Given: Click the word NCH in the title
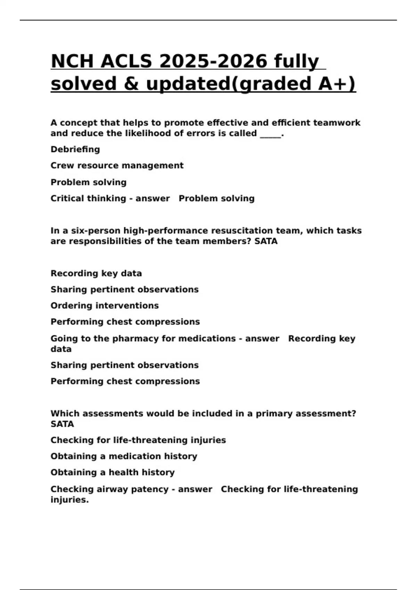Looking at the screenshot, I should pyautogui.click(x=72, y=61).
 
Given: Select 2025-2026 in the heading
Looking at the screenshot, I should pyautogui.click(x=213, y=61).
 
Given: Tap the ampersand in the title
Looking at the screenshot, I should pyautogui.click(x=131, y=84).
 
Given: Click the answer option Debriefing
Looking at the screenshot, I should pyautogui.click(x=75, y=150).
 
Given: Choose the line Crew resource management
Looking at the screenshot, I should pyautogui.click(x=117, y=166).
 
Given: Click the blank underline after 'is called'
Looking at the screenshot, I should pyautogui.click(x=270, y=134).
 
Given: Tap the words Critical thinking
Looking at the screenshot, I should pyautogui.click(x=88, y=199).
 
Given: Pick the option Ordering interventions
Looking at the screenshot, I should pyautogui.click(x=105, y=306).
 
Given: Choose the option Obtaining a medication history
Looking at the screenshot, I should pyautogui.click(x=124, y=456).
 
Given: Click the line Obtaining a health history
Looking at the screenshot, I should pyautogui.click(x=113, y=473).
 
